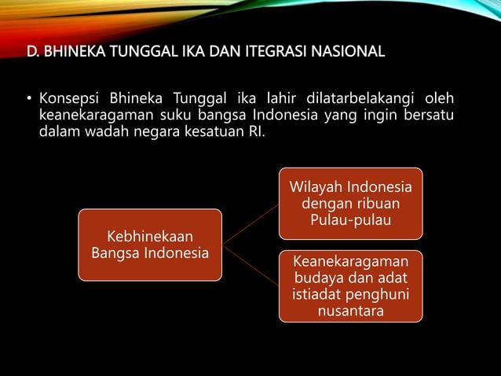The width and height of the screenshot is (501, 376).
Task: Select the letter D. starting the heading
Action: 33,54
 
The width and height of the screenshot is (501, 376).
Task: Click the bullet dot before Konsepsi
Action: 25,101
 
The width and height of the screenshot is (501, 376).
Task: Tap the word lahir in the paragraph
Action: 289,100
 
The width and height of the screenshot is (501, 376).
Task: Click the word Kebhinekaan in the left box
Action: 150,237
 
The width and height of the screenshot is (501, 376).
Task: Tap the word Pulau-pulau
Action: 350,220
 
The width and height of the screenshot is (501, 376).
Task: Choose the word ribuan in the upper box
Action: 375,205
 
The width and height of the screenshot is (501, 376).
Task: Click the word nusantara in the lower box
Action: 350,311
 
